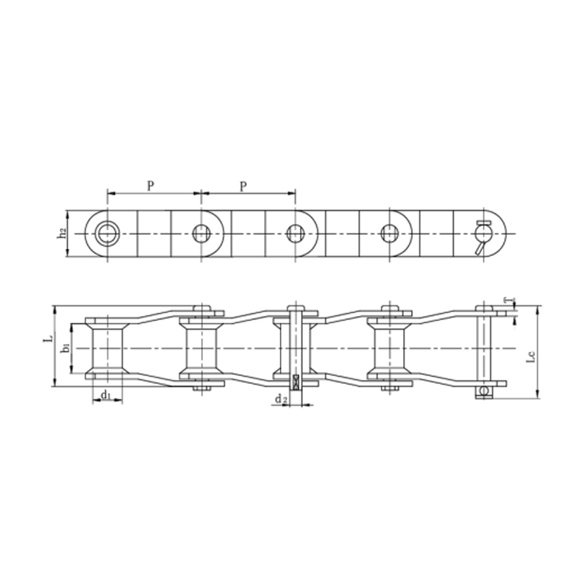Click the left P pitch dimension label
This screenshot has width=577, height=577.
click(150, 186)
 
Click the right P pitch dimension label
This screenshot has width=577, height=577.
click(244, 186)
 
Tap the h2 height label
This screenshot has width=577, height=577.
click(63, 233)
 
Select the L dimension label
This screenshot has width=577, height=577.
click(48, 337)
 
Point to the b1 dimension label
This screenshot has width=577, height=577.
click(66, 348)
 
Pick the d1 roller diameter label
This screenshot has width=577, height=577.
click(105, 395)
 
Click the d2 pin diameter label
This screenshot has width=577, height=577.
click(281, 399)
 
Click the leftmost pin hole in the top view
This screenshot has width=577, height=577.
click(107, 233)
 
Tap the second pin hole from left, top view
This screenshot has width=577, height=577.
click(201, 233)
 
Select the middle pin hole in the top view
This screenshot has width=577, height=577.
click(295, 233)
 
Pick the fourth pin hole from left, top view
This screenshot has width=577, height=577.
click(389, 233)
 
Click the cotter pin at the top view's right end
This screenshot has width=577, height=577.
click(482, 235)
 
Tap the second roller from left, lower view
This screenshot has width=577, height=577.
click(201, 348)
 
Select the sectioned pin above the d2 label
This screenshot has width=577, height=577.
click(295, 348)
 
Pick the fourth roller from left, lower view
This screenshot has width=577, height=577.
click(389, 348)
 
